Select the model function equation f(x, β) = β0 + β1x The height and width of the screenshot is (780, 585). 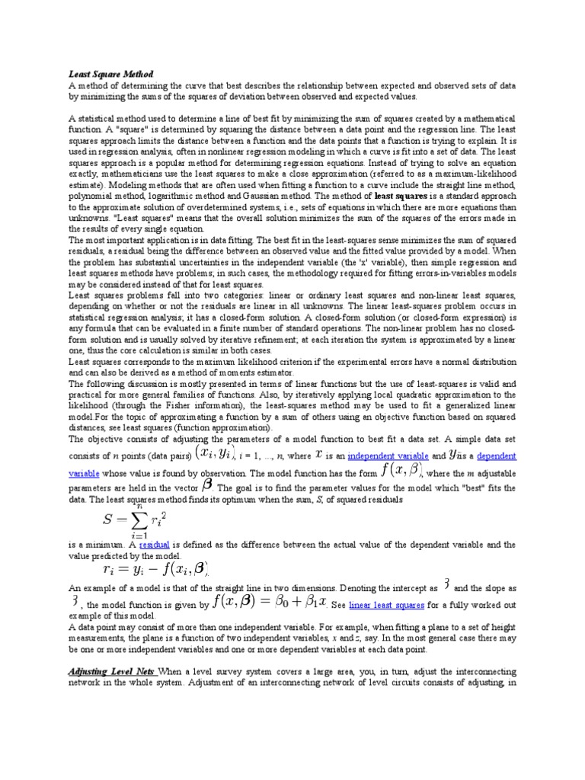click(270, 603)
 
